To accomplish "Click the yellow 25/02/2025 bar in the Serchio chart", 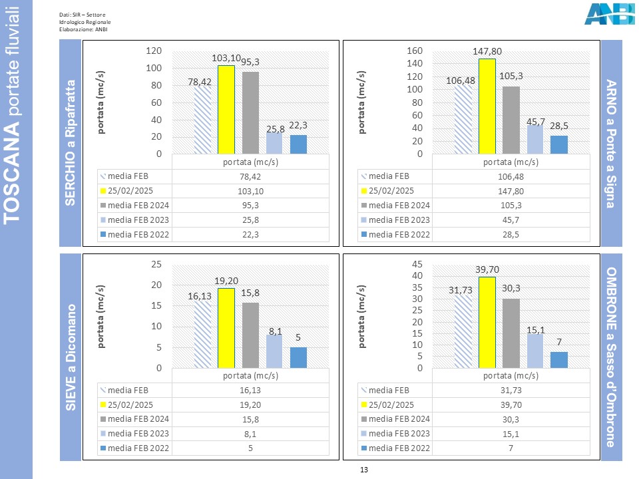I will pos(226,110).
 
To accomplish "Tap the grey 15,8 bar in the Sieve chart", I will pos(250,335).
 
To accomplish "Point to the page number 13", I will pos(363,470).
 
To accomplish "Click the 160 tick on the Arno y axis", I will pos(415,51).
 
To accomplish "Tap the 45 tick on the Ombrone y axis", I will pos(417,264).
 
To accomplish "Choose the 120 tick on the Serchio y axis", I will pos(154,51).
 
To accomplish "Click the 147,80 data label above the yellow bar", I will pos(487,51).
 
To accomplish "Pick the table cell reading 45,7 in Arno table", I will pos(511,220).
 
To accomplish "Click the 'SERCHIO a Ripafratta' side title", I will pos(71,144).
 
